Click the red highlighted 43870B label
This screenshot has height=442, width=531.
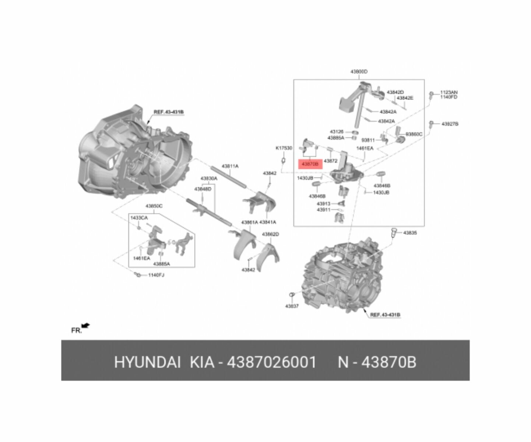click(310, 164)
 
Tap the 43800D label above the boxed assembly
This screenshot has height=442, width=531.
click(359, 72)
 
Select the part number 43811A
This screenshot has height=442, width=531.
click(230, 166)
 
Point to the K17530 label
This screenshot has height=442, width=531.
click(284, 148)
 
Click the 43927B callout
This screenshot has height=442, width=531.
click(450, 124)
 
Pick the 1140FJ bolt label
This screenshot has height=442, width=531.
click(156, 275)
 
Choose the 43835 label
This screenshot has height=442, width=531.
click(410, 233)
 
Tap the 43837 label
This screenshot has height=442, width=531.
click(292, 306)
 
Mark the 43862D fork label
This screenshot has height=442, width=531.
click(270, 234)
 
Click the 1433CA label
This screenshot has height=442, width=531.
click(139, 218)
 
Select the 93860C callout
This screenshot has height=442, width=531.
click(414, 134)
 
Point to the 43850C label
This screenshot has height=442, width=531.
click(154, 206)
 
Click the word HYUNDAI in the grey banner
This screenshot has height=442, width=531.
click(147, 362)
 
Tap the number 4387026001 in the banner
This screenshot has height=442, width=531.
click(271, 362)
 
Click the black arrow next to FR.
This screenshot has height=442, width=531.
click(86, 325)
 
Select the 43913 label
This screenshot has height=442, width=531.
click(324, 204)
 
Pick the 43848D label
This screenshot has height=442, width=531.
click(203, 189)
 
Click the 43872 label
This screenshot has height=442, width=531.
click(331, 161)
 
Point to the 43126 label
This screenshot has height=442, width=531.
click(337, 131)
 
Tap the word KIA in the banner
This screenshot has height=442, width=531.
click(202, 362)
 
